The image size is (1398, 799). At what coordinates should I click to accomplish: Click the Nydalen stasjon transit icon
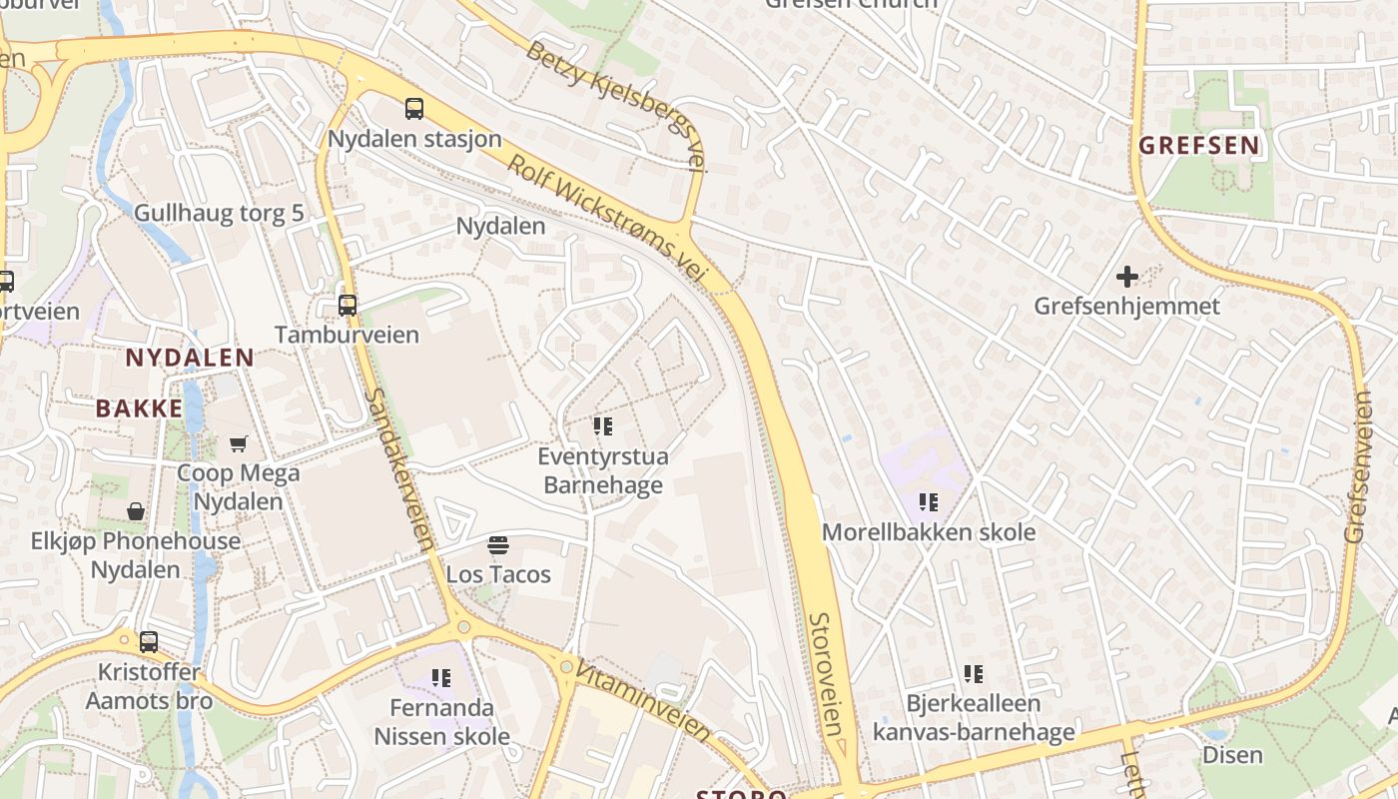click(x=413, y=109)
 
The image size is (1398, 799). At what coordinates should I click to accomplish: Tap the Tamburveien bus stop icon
click(x=347, y=306)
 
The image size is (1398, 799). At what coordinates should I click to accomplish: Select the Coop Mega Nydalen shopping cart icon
click(x=239, y=443)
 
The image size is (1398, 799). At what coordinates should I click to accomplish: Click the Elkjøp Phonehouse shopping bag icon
click(x=136, y=512)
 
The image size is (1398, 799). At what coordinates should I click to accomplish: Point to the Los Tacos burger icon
click(x=498, y=545)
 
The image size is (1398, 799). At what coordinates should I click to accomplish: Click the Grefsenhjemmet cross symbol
click(x=1127, y=277)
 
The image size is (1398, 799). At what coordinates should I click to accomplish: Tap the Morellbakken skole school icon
click(x=929, y=502)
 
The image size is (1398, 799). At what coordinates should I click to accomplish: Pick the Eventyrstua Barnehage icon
click(x=602, y=427)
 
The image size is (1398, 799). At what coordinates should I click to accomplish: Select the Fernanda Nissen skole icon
click(x=441, y=679)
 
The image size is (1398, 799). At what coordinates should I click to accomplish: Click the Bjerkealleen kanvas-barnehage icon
click(x=974, y=674)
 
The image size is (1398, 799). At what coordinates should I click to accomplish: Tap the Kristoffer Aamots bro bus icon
click(x=149, y=642)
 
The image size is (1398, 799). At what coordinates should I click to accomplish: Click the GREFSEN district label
click(x=1199, y=146)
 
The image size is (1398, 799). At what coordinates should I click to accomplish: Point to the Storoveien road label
click(x=828, y=674)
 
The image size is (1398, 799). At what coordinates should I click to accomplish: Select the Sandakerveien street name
click(x=398, y=469)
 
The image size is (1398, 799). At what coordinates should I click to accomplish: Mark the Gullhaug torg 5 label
click(x=219, y=213)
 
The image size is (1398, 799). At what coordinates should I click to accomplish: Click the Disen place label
click(x=1232, y=755)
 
